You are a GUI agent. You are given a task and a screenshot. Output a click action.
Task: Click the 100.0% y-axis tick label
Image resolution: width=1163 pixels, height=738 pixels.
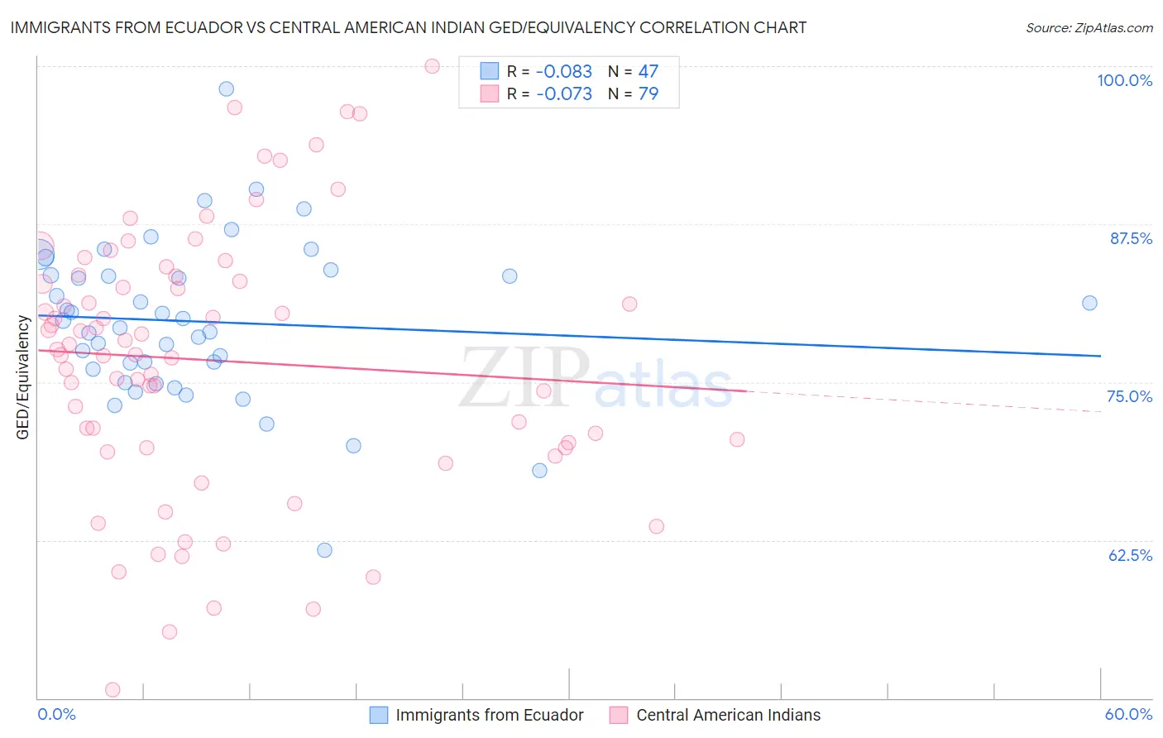click(1124, 80)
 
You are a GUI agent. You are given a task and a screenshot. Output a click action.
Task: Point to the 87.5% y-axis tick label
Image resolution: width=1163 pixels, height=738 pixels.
click(1130, 238)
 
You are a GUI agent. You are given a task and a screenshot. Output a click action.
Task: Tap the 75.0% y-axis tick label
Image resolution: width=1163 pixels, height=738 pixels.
click(1129, 396)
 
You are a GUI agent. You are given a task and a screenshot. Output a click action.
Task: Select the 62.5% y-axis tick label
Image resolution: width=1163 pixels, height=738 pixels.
click(1130, 555)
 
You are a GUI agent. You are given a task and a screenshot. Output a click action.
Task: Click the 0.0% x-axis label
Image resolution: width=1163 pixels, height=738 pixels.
click(56, 714)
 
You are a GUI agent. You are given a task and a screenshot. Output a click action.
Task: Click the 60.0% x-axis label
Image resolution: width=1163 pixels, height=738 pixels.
click(1128, 714)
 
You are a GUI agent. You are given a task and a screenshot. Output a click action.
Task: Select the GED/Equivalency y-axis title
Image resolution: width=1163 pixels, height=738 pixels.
click(23, 377)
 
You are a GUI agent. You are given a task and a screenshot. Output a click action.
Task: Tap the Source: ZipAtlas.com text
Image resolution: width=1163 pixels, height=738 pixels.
click(1089, 28)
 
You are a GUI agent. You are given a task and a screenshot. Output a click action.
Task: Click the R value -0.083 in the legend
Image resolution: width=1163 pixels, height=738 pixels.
click(564, 71)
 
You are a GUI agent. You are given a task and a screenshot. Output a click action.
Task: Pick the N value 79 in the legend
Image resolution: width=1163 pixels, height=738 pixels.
click(649, 93)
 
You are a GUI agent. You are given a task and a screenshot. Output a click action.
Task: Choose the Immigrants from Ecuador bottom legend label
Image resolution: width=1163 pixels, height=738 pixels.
click(489, 715)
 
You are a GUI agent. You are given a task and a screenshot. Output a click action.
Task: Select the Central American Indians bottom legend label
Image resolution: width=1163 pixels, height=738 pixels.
click(728, 715)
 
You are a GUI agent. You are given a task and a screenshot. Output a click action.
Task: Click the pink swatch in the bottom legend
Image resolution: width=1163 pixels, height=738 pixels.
click(619, 715)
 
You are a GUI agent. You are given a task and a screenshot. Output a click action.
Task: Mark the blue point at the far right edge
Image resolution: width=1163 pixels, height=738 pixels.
click(1089, 303)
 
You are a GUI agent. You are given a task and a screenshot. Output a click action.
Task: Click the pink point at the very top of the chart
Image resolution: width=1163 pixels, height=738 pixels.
click(432, 66)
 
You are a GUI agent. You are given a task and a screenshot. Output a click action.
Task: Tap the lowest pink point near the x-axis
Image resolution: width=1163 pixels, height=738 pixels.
click(112, 689)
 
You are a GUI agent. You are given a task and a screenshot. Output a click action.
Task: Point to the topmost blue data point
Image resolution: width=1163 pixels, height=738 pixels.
click(226, 89)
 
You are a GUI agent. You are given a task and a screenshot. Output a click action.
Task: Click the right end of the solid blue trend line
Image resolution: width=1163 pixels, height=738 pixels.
click(1100, 356)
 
